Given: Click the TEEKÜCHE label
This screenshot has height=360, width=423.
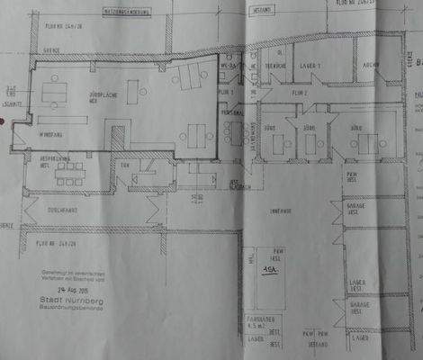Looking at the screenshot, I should point(275,66).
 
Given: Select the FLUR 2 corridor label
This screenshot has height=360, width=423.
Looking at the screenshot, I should point(301,93).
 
